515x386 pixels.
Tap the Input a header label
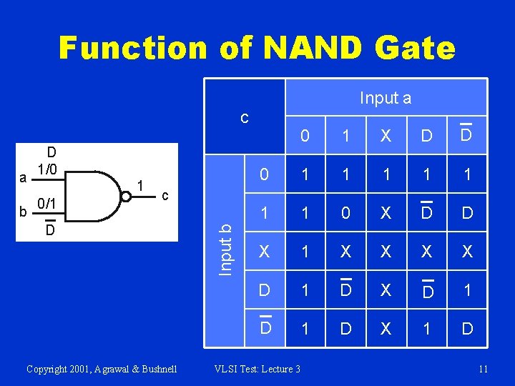point(386,98)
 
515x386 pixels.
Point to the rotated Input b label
point(225,248)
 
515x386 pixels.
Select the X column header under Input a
point(386,136)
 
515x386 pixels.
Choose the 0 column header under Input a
point(305,136)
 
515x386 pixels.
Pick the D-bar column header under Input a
point(466,134)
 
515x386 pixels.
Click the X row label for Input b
point(265,252)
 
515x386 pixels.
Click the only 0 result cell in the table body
point(345,213)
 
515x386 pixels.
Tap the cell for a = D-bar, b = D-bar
point(466,329)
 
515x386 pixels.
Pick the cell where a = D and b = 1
point(426,213)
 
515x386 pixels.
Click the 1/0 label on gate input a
point(49,169)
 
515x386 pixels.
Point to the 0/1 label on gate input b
point(48,204)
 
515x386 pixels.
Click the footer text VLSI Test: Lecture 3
point(257,369)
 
